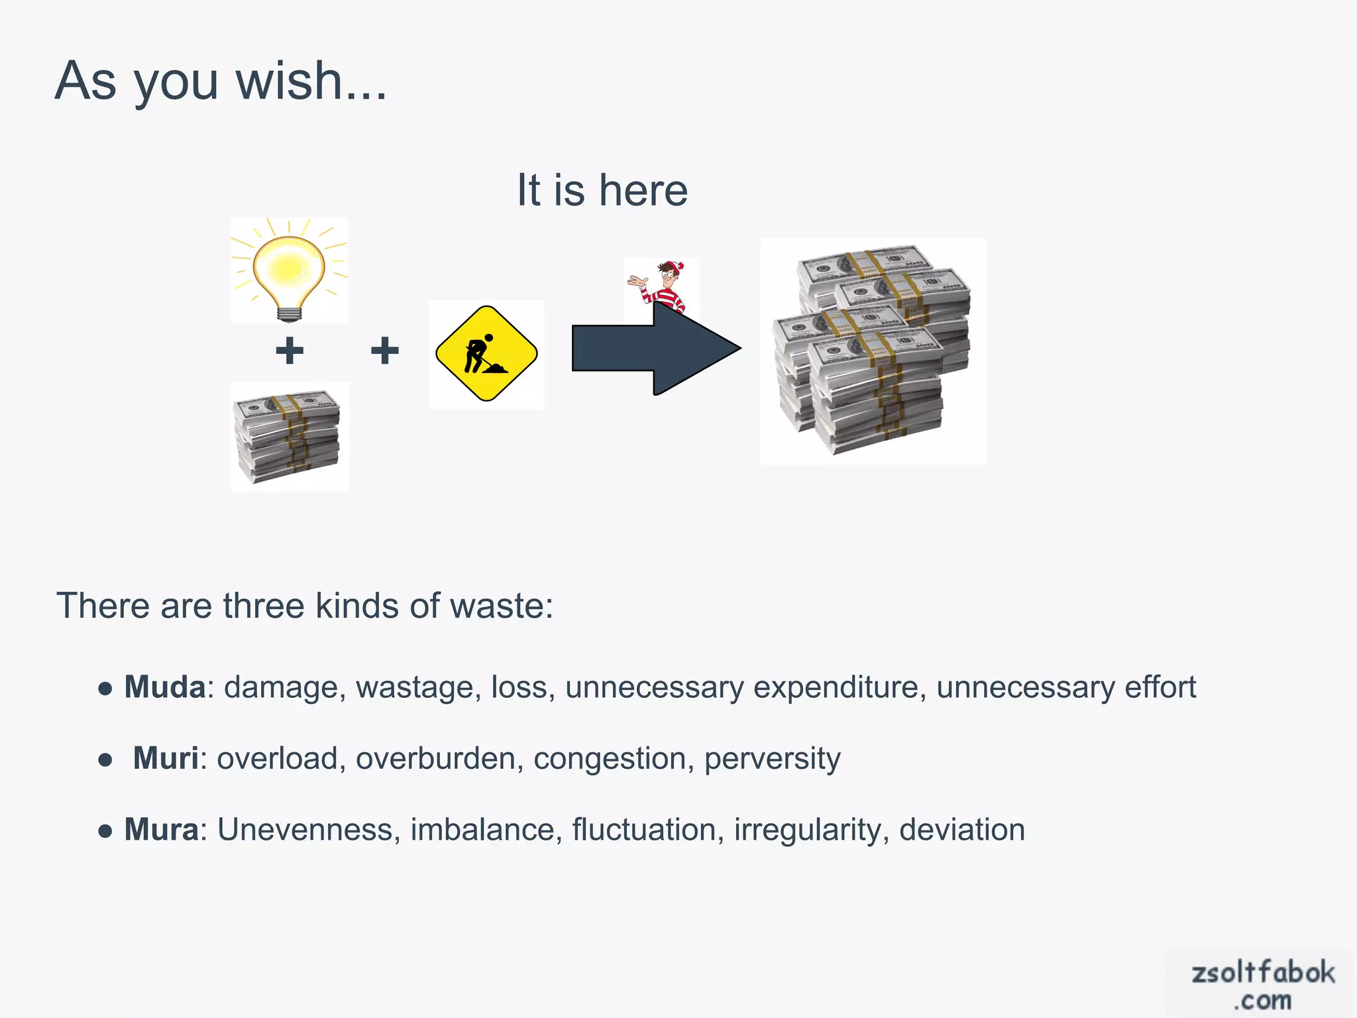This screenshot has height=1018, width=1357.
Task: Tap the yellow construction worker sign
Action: [486, 354]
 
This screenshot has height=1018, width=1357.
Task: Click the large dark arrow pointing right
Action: [656, 349]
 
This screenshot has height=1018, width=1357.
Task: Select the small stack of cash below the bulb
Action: [289, 436]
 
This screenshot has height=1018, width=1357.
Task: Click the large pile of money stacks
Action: [873, 351]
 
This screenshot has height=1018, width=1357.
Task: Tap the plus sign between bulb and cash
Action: [290, 351]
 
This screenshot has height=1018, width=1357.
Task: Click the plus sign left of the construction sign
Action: [384, 351]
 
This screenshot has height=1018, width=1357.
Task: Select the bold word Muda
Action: [165, 687]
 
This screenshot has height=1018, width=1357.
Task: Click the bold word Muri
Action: [166, 758]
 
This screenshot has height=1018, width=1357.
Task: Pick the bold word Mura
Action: [162, 830]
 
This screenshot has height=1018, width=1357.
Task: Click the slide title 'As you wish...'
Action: [221, 81]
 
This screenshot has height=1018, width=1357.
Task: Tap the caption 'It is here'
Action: [602, 190]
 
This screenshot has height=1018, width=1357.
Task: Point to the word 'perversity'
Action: [772, 759]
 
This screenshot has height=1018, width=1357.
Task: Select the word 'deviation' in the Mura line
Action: [962, 830]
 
